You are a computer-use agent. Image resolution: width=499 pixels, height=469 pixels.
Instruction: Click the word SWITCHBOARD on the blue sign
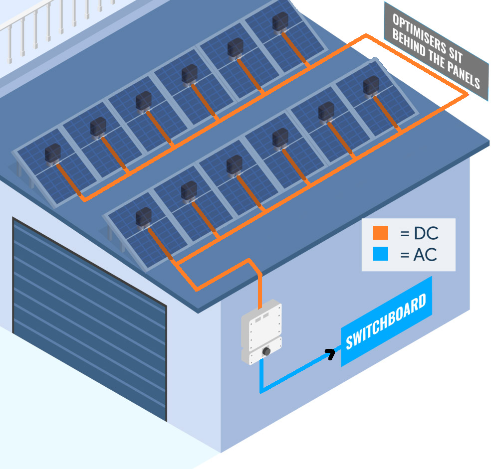(386, 321)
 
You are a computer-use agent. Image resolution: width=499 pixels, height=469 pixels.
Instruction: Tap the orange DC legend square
(380, 233)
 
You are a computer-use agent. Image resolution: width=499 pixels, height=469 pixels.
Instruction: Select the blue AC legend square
(380, 255)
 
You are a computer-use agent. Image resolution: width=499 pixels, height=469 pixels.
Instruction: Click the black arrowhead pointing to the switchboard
(330, 354)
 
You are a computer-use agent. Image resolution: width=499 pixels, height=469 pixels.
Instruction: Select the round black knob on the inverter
(266, 351)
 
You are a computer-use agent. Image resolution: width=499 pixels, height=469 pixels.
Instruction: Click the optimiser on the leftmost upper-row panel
(52, 154)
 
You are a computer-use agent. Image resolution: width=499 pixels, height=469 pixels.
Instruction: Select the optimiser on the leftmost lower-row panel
(143, 217)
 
